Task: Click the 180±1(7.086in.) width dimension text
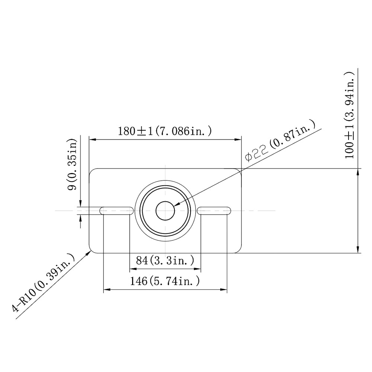pos(165,131)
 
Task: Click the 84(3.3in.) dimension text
pos(165,260)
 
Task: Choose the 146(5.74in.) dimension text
pos(165,281)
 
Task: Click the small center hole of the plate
pos(165,211)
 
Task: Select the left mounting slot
pos(116,211)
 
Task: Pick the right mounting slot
pos(214,211)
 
